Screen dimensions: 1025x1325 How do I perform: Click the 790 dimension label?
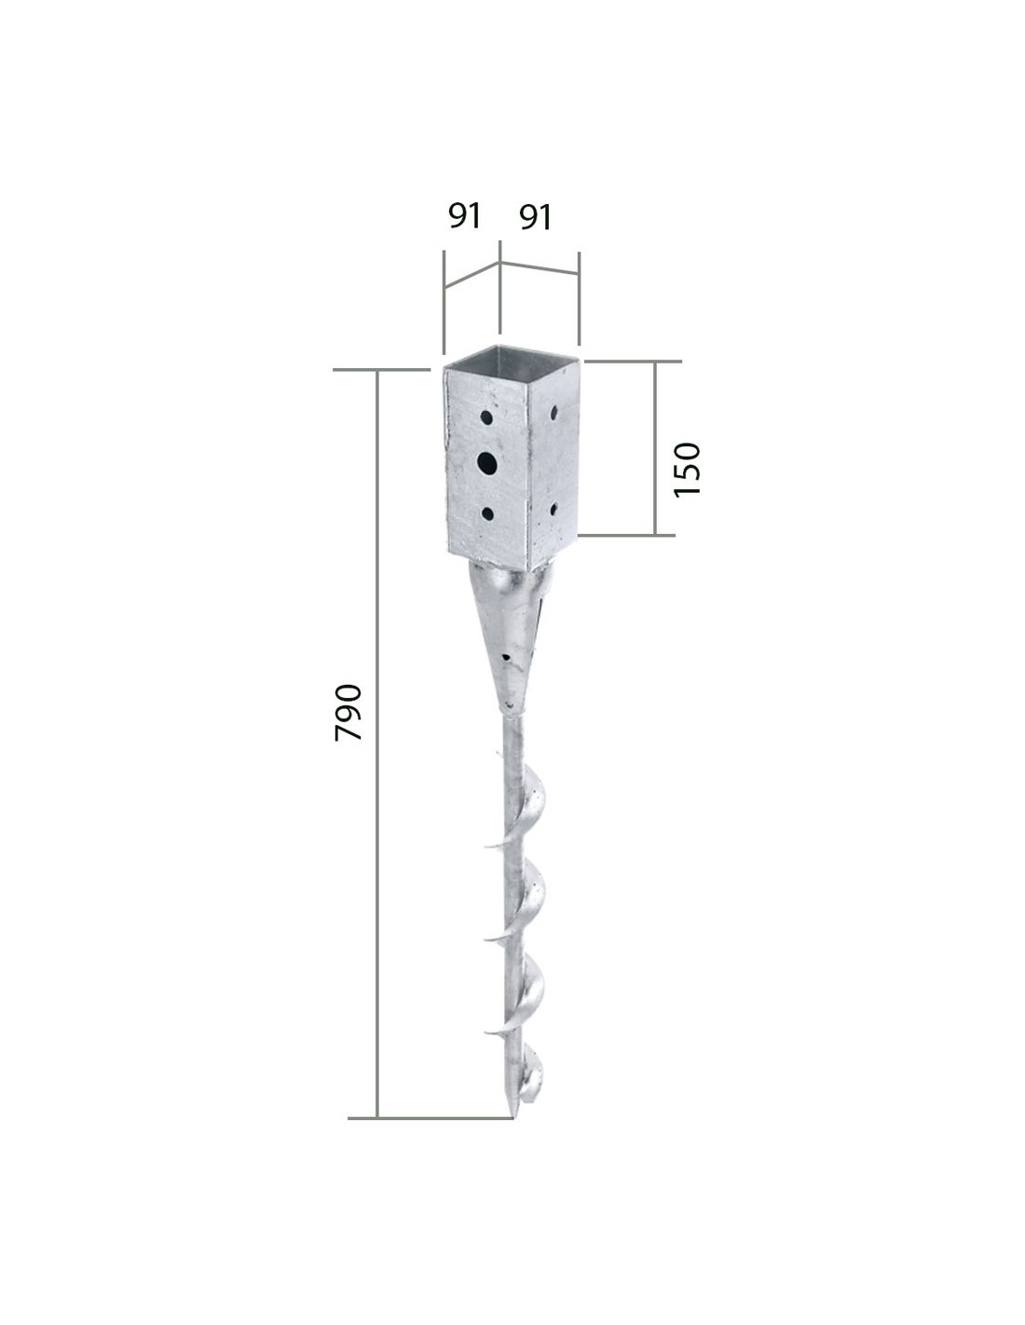[x=348, y=712]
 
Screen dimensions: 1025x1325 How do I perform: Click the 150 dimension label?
[x=688, y=470]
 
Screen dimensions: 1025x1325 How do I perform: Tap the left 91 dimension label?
[x=465, y=215]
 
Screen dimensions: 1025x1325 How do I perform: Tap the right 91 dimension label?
[x=536, y=217]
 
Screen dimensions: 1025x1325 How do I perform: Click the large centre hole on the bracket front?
[x=487, y=463]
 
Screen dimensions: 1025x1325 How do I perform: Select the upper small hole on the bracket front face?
[x=486, y=417]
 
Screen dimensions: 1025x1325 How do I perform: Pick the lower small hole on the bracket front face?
[x=487, y=513]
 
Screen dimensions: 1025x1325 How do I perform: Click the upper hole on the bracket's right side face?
[x=554, y=413]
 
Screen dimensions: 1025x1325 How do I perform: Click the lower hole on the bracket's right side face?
[x=553, y=509]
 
